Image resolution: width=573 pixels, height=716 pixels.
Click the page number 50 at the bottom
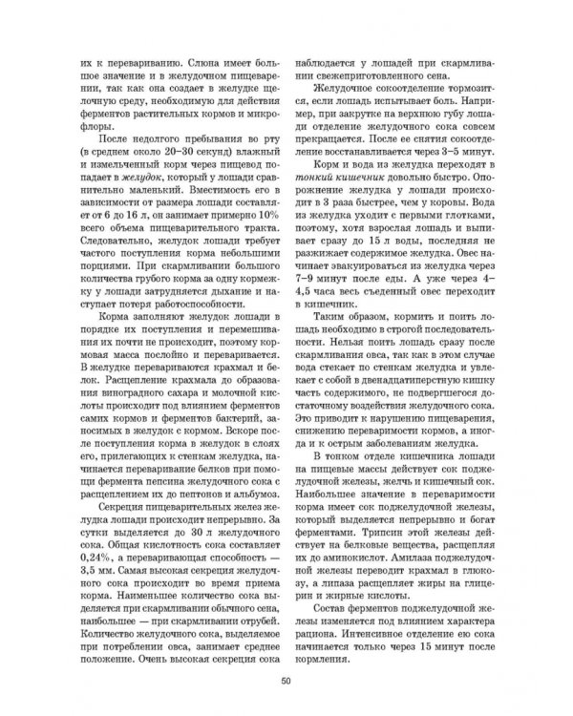point(286,679)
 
